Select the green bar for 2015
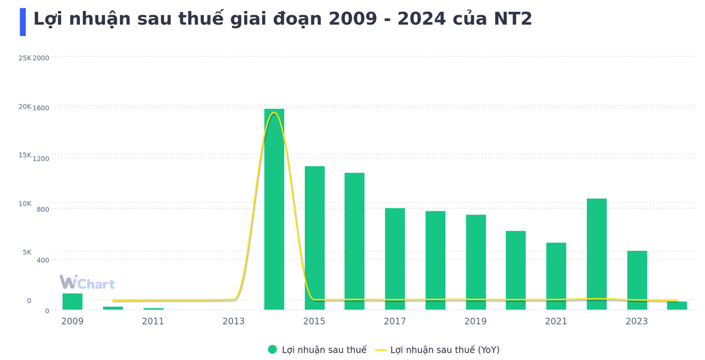click(314, 237)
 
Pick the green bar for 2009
click(72, 301)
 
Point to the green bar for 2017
click(395, 258)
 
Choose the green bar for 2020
click(516, 270)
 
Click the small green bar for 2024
click(677, 305)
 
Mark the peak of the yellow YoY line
click(274, 113)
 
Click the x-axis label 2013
click(234, 321)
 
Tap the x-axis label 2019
click(475, 321)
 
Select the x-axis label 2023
click(637, 321)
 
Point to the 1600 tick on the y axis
click(41, 108)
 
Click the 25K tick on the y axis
click(25, 58)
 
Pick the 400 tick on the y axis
click(43, 260)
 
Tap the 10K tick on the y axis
click(25, 204)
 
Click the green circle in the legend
click(273, 349)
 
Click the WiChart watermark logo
click(87, 283)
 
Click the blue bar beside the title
click(23, 22)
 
